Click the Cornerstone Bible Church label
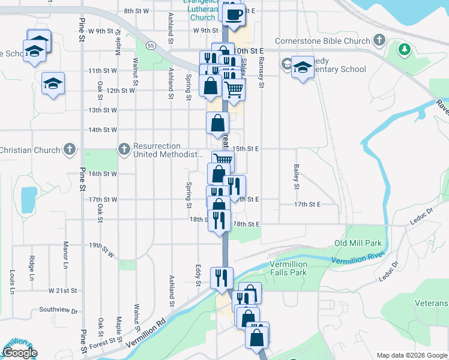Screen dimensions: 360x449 click(x=322, y=41)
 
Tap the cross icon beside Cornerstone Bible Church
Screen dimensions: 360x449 click(x=379, y=41)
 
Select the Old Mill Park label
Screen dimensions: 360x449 click(x=358, y=244)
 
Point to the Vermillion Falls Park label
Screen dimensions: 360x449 click(x=288, y=268)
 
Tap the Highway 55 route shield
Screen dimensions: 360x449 click(x=151, y=45)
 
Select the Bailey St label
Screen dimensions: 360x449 click(x=297, y=176)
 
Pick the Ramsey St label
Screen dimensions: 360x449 click(x=261, y=73)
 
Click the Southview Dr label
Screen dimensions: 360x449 click(x=58, y=310)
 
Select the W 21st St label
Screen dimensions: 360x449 click(x=63, y=290)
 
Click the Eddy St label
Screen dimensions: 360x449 click(x=197, y=275)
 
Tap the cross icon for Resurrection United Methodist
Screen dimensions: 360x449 click(x=124, y=148)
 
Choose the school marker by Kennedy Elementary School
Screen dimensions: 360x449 click(x=303, y=67)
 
